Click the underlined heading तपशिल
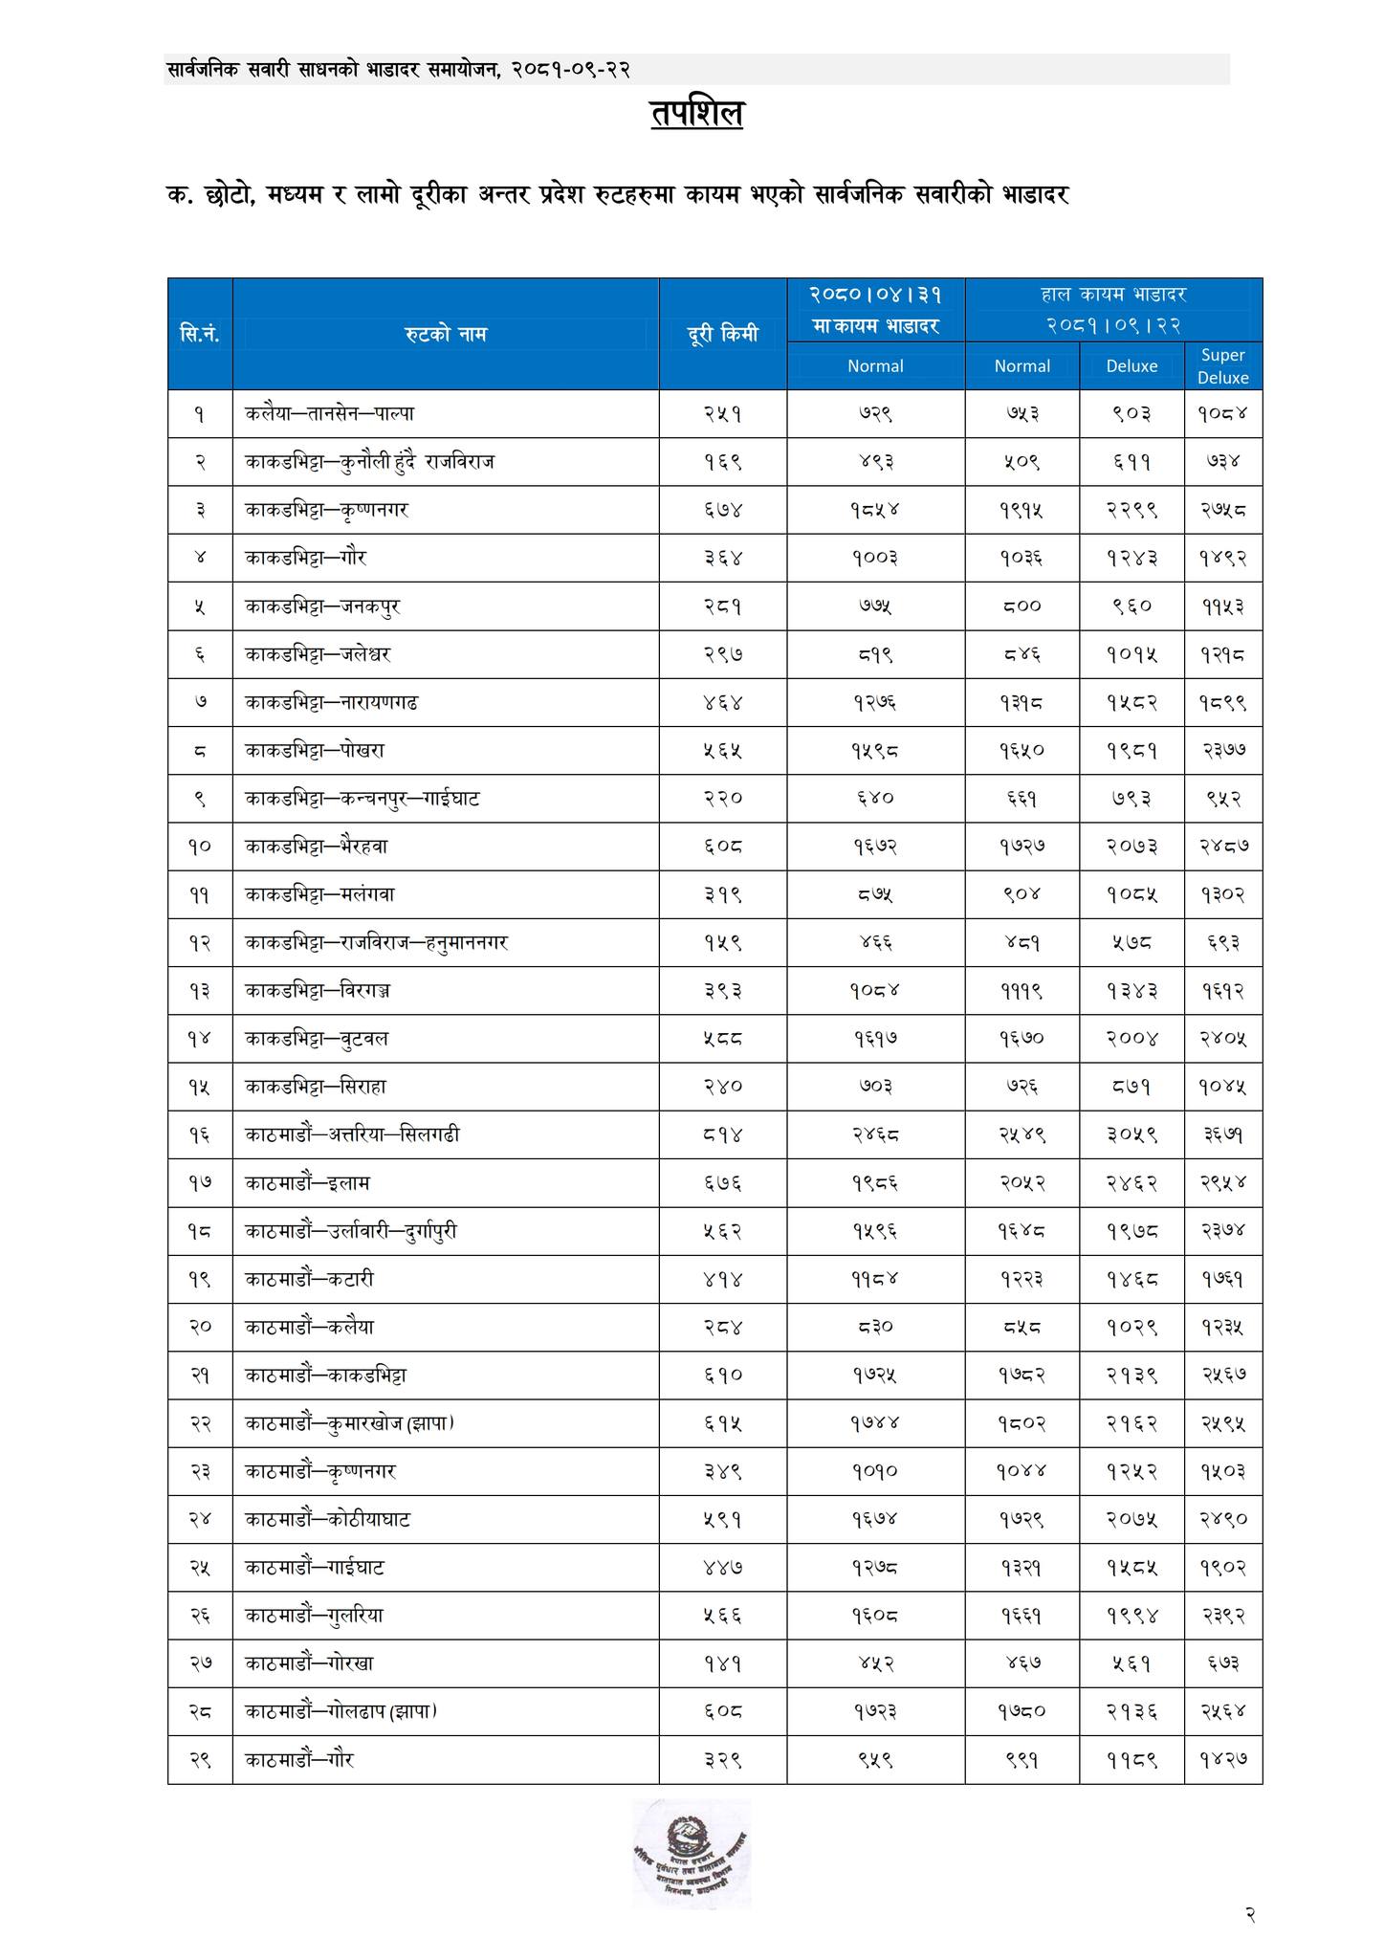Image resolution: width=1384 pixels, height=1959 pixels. click(x=696, y=114)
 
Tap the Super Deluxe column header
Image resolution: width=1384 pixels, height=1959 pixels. click(x=1222, y=365)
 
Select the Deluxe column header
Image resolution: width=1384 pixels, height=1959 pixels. click(x=1131, y=365)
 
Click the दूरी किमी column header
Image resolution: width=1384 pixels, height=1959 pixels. click(x=722, y=334)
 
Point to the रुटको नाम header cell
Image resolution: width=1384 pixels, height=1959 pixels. click(x=445, y=334)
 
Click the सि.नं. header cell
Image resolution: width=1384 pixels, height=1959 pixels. click(x=200, y=334)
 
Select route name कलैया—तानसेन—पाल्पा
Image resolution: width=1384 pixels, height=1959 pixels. click(x=329, y=414)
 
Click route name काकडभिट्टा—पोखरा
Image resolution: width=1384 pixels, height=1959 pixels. click(x=315, y=751)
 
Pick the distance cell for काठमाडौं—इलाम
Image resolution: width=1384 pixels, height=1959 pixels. click(x=722, y=1183)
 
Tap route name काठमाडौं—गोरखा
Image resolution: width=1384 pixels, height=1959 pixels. click(x=309, y=1663)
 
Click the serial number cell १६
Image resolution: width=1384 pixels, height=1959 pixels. click(x=200, y=1135)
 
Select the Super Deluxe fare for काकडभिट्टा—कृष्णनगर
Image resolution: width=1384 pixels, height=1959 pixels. click(x=1222, y=510)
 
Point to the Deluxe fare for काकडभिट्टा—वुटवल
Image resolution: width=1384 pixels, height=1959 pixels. click(x=1131, y=1039)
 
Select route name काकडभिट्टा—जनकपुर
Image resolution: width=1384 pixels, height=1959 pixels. click(x=321, y=606)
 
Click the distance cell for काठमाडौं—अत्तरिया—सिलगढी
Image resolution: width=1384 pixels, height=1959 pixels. click(x=722, y=1135)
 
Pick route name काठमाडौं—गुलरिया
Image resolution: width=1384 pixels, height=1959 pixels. click(x=314, y=1616)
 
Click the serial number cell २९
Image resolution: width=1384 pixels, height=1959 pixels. click(x=200, y=1759)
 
